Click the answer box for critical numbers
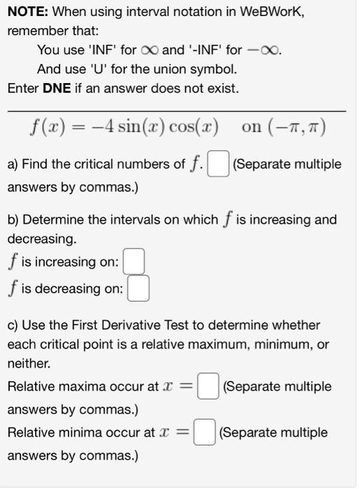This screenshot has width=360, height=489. coord(219,165)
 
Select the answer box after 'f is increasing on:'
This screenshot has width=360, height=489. coord(134,263)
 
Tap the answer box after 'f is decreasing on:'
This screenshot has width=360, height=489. coord(138,289)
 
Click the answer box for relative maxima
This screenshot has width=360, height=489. coord(208,387)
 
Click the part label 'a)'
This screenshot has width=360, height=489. coord(13,165)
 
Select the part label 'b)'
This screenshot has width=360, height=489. coord(13,220)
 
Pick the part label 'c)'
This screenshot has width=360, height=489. coord(13,326)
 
